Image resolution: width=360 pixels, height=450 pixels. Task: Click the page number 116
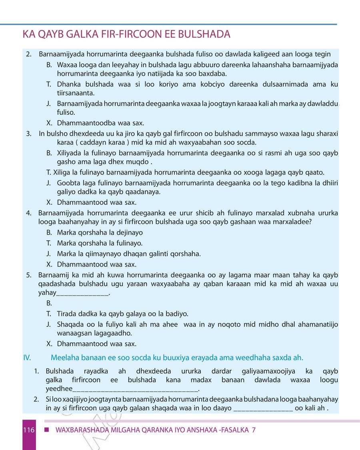[28, 430]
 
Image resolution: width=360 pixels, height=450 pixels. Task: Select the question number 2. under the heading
[29, 54]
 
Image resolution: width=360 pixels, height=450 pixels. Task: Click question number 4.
[29, 213]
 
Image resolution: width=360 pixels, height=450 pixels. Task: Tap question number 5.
[29, 275]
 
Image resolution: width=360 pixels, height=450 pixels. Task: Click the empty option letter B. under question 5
[49, 303]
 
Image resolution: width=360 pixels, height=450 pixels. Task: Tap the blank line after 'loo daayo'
[263, 408]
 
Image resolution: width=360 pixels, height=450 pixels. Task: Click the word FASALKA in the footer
[234, 430]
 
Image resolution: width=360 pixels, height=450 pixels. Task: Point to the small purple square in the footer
[46, 430]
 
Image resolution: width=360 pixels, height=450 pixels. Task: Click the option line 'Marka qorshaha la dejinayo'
[100, 232]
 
